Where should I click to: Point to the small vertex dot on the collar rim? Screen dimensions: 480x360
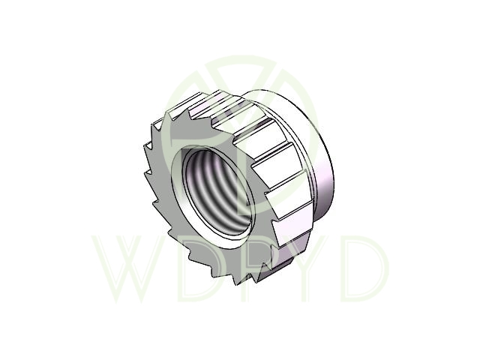click(306, 169)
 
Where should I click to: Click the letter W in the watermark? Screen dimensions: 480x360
click(128, 268)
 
